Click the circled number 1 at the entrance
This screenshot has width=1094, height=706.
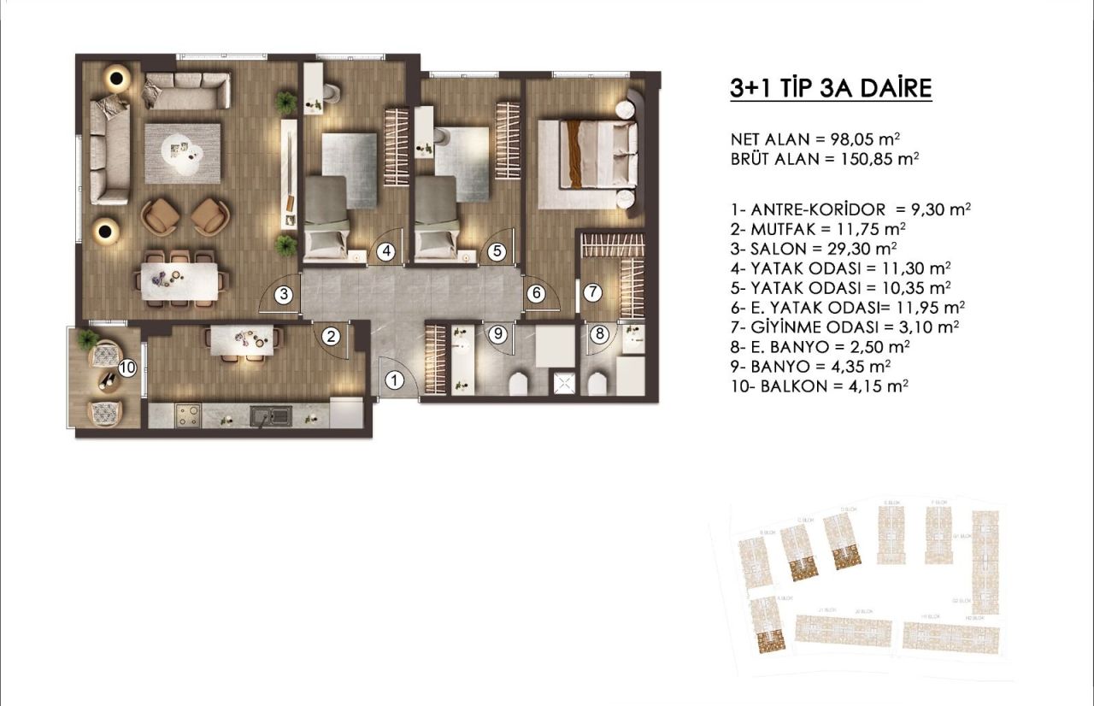[x=393, y=380]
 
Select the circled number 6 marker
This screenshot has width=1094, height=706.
[x=536, y=293]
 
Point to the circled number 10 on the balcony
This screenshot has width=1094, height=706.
[x=127, y=368]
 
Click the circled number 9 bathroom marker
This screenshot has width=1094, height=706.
[x=499, y=334]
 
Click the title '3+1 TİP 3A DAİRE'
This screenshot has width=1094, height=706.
[x=831, y=88]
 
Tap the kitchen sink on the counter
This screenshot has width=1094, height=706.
[x=270, y=416]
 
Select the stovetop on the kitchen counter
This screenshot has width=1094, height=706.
[x=187, y=415]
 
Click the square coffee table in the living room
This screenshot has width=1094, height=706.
[x=182, y=154]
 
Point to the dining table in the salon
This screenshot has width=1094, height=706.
[x=180, y=278]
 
